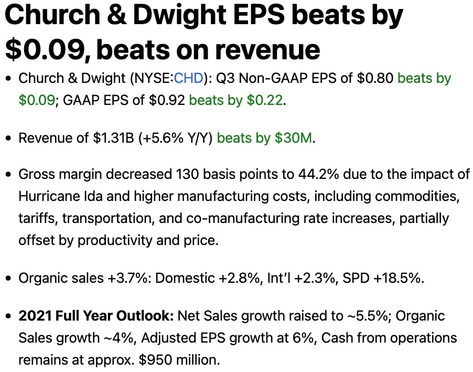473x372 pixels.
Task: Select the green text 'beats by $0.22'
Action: pos(236,100)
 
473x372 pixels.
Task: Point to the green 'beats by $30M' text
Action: pos(264,139)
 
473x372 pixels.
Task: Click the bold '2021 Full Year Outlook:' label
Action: pos(96,316)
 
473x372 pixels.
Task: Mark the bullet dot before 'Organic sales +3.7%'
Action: pos(8,278)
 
